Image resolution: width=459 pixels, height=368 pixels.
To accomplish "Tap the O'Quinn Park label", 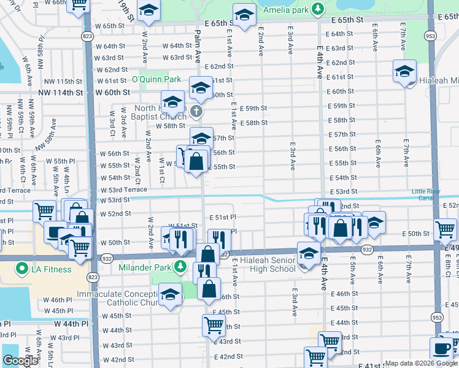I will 156,79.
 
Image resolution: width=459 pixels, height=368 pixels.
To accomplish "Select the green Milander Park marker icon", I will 179,265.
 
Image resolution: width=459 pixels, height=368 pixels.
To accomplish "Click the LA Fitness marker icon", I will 23,269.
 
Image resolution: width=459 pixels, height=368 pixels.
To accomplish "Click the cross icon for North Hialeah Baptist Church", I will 196,111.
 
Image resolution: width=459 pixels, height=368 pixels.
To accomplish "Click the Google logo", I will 20,361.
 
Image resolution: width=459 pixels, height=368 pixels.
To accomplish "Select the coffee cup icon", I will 441,348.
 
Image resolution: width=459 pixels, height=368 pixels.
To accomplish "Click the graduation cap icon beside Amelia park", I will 244,16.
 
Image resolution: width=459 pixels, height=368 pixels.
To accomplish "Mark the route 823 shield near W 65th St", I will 89,37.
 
